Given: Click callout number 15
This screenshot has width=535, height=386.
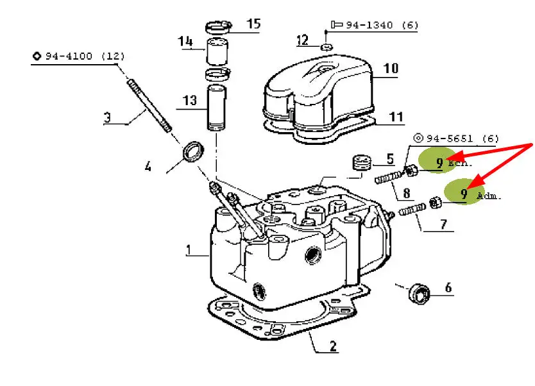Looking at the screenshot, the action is pos(253,24).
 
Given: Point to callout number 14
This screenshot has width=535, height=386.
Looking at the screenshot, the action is pos(185,41).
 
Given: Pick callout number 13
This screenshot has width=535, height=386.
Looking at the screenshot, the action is pos(190,100).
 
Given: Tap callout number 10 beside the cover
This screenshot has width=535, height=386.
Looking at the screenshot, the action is pos(391,69).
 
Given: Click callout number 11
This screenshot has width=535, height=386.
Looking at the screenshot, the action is pos(396,117).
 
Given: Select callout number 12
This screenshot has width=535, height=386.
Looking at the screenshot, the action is pos(302,40).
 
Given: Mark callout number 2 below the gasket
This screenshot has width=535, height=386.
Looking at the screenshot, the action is pos(333,346).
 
